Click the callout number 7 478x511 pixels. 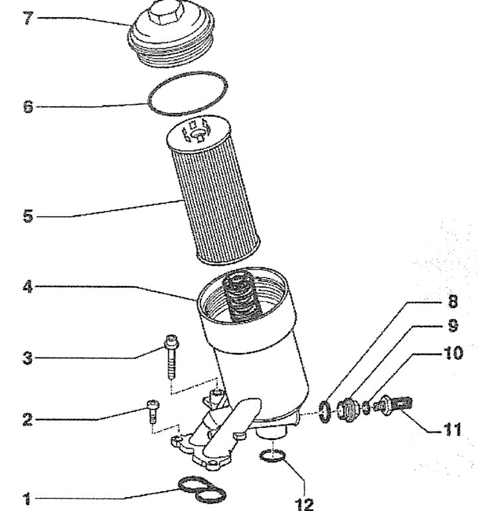click(28, 18)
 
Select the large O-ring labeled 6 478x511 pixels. click(187, 94)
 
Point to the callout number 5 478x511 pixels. click(29, 216)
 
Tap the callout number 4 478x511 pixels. click(28, 287)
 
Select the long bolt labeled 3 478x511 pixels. click(172, 356)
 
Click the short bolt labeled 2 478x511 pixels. click(153, 411)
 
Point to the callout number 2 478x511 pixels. click(28, 419)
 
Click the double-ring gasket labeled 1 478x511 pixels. click(202, 490)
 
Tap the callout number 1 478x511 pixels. click(28, 498)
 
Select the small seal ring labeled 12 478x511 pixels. click(273, 456)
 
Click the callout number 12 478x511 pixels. click(304, 504)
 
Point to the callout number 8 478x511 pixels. click(453, 301)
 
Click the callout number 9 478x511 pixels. click(453, 326)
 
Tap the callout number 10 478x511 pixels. click(453, 352)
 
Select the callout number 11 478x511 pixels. click(453, 429)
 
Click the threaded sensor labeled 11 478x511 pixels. click(393, 405)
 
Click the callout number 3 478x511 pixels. click(28, 358)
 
